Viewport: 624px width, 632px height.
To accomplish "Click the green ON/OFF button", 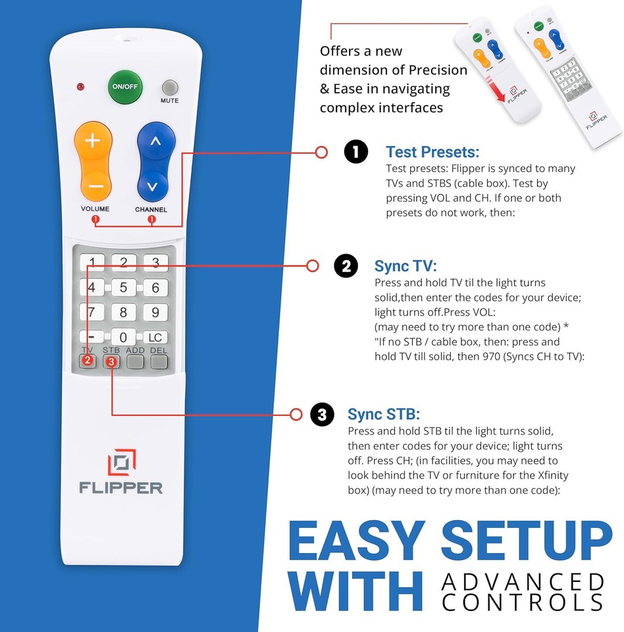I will [x=124, y=87].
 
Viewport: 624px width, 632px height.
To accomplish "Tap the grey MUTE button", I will [x=170, y=88].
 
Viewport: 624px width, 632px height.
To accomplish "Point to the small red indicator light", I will [x=80, y=87].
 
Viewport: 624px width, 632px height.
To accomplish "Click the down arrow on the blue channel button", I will [x=153, y=186].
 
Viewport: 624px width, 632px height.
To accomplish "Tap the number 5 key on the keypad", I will [x=123, y=288].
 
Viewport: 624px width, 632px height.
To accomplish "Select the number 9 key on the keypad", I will [x=155, y=312].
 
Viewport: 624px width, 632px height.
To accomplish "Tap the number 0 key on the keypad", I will [x=123, y=337].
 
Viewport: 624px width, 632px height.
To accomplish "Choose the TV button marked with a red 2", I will [x=88, y=361].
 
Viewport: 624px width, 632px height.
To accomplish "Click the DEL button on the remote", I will [x=159, y=361].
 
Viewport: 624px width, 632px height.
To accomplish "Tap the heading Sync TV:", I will [x=405, y=266].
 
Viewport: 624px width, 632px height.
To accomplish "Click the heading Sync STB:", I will [x=384, y=414].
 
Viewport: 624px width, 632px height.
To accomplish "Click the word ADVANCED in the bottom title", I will [x=523, y=582].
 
